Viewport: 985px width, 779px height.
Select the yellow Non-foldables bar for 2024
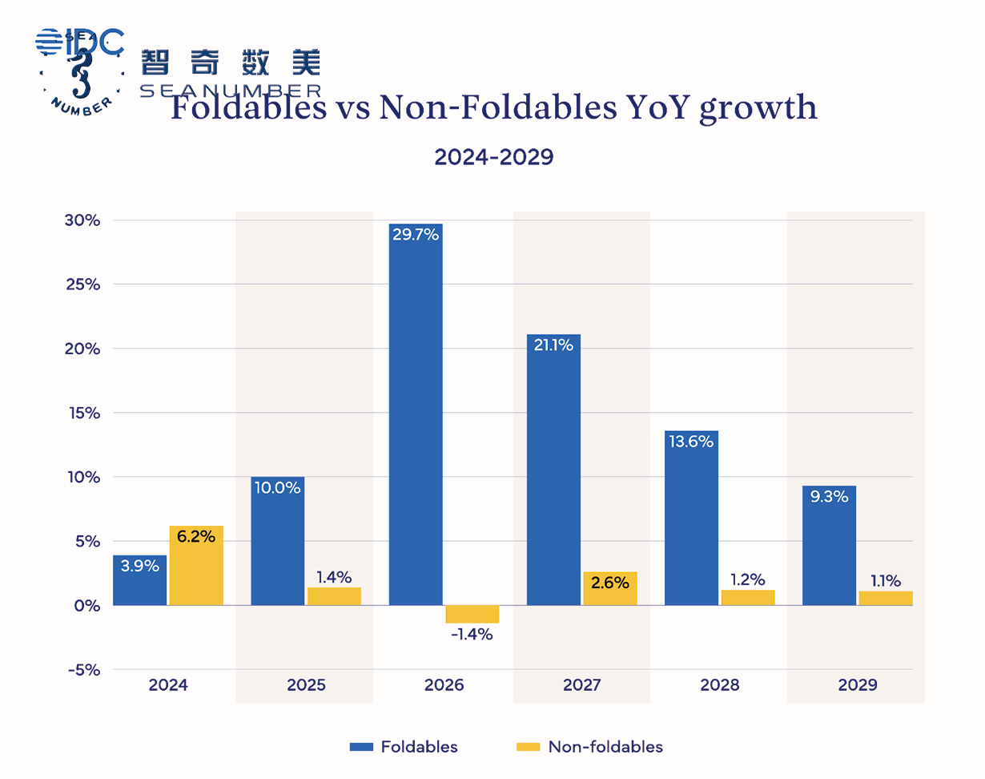(x=196, y=565)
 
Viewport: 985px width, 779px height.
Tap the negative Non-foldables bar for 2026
(x=472, y=614)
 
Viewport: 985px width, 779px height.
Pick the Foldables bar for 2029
(x=829, y=545)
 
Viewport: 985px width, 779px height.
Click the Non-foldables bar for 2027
(x=610, y=588)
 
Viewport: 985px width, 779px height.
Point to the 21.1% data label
(x=553, y=347)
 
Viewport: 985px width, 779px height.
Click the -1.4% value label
(x=472, y=635)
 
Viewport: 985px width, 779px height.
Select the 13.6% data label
(x=691, y=441)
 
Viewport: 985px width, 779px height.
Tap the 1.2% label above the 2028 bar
(x=748, y=579)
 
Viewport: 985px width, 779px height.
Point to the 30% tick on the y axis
(x=82, y=220)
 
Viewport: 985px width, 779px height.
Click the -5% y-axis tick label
(x=83, y=669)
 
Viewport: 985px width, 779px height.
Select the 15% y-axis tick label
(x=82, y=413)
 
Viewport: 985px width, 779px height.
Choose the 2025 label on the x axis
(x=306, y=686)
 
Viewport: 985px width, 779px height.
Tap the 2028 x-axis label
(x=719, y=686)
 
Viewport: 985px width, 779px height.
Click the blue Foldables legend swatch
(x=361, y=747)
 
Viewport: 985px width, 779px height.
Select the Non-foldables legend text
(x=605, y=747)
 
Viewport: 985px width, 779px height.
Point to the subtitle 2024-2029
(x=493, y=157)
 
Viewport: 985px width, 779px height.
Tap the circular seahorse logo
(x=80, y=72)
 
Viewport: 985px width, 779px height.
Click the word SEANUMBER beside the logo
(x=231, y=90)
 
